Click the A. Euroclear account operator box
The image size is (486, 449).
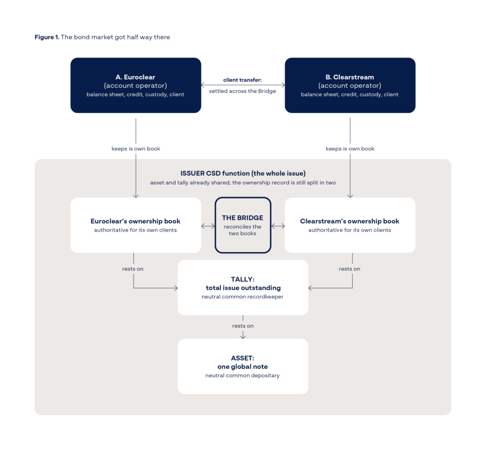pyautogui.click(x=136, y=85)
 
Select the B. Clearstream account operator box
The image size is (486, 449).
pyautogui.click(x=350, y=85)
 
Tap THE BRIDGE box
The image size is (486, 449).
pyautogui.click(x=243, y=225)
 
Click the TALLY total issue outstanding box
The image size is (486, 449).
pyautogui.click(x=243, y=288)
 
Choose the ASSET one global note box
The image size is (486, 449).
pyautogui.click(x=243, y=366)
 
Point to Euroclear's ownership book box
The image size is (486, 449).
pyautogui.click(x=136, y=225)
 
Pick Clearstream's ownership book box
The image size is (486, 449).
pyautogui.click(x=350, y=225)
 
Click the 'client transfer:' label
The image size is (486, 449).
pyautogui.click(x=243, y=80)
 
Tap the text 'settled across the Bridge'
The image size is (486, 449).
pyautogui.click(x=243, y=91)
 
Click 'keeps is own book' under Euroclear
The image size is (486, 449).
pyautogui.click(x=136, y=149)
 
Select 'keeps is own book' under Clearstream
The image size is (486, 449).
pyautogui.click(x=350, y=149)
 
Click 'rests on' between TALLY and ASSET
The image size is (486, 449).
pyautogui.click(x=243, y=326)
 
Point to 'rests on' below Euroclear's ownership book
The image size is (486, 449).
pyautogui.click(x=133, y=269)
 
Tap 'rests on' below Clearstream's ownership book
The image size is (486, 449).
pyautogui.click(x=350, y=269)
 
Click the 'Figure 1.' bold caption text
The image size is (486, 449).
pyautogui.click(x=47, y=37)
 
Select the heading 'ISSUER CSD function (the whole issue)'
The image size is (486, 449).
pyautogui.click(x=243, y=173)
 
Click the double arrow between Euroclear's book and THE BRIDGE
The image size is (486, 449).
pyautogui.click(x=208, y=226)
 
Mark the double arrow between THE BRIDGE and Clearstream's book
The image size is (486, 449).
pyautogui.click(x=278, y=226)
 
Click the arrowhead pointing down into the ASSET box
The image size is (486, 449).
pyautogui.click(x=243, y=337)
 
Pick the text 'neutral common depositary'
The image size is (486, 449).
pyautogui.click(x=243, y=375)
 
